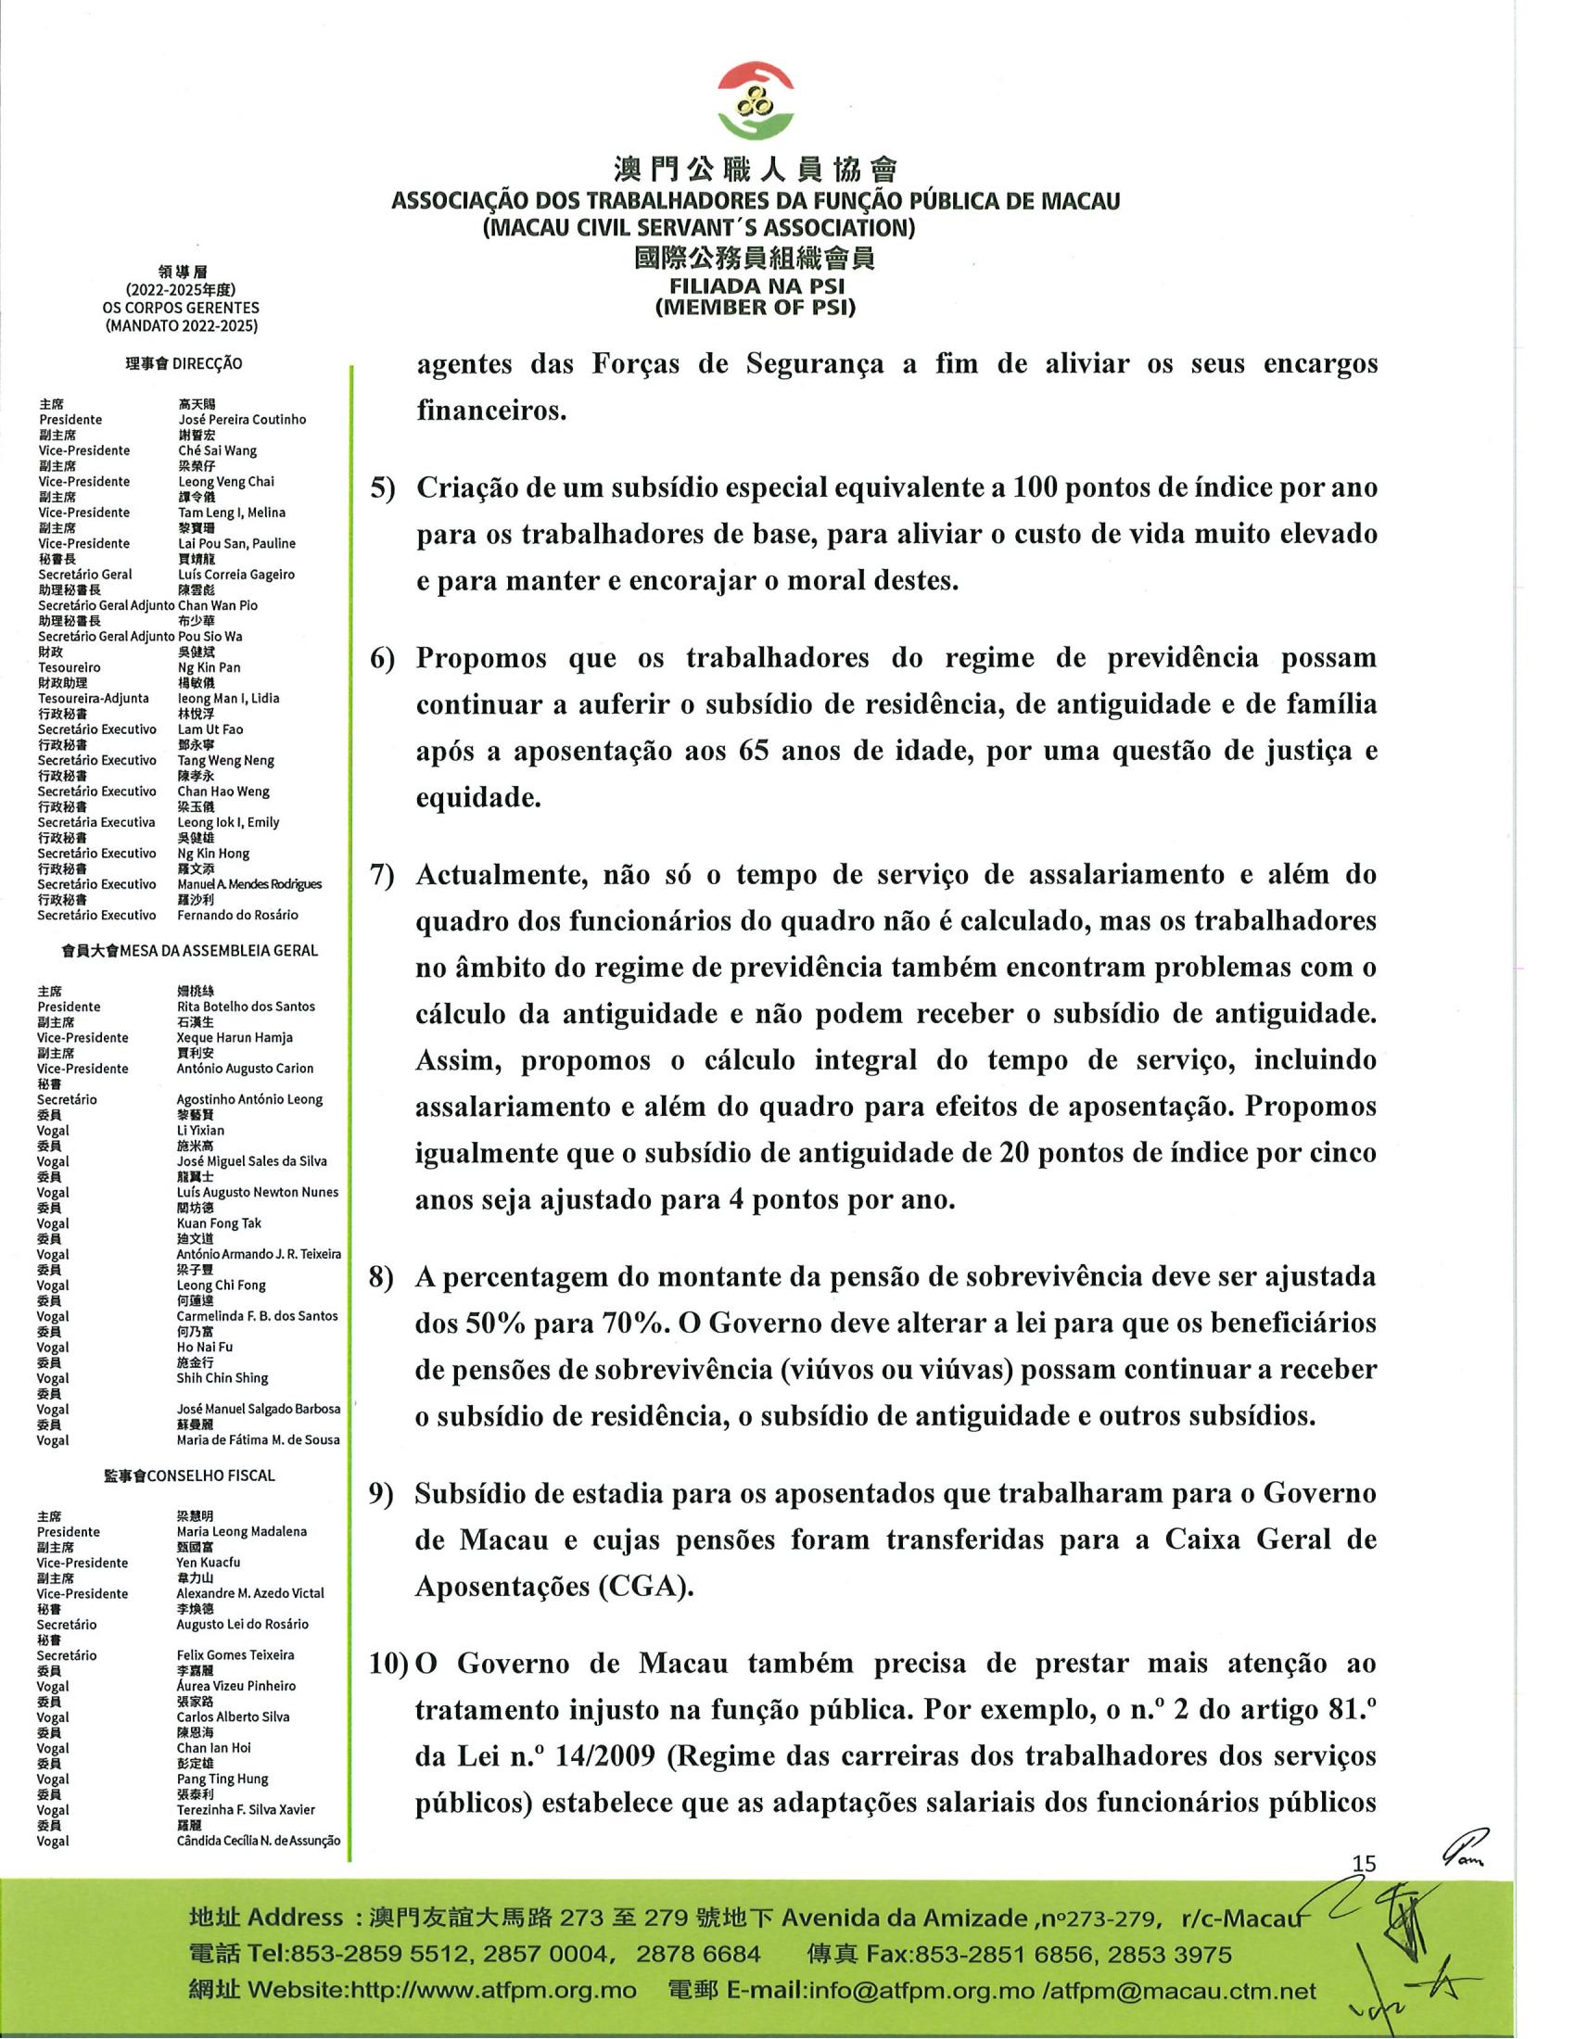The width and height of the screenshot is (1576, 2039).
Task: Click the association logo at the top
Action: (756, 102)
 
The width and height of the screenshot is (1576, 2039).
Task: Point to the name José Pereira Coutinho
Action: (242, 420)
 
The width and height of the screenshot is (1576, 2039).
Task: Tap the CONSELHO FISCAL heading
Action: (211, 1475)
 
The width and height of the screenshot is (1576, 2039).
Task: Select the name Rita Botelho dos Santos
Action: (246, 1007)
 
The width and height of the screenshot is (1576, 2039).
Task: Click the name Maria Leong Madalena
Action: (241, 1532)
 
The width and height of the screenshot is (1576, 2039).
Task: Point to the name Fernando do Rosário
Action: (237, 915)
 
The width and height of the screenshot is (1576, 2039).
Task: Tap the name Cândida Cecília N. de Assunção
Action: (258, 1841)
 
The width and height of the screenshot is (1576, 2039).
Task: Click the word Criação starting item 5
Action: (470, 488)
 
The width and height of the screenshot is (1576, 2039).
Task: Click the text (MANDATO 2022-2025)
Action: (181, 326)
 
